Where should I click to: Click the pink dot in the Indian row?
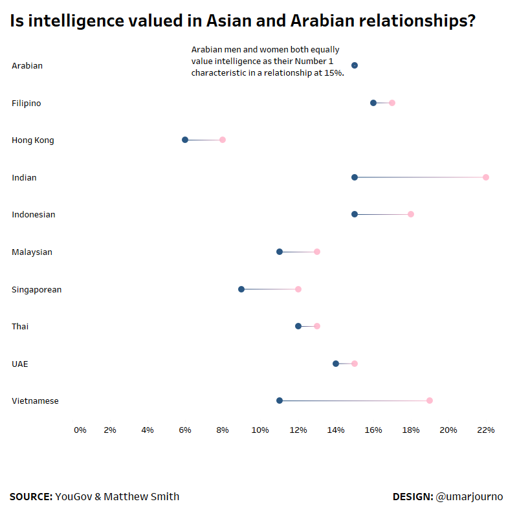[x=486, y=177]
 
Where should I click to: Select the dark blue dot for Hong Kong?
[x=185, y=140]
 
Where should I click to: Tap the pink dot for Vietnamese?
[x=430, y=401]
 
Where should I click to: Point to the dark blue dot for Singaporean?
[x=241, y=289]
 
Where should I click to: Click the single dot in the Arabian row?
[x=355, y=65]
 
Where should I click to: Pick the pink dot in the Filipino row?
[x=392, y=103]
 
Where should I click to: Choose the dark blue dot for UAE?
[x=336, y=364]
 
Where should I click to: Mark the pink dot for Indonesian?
[x=411, y=214]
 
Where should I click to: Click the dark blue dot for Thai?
[x=298, y=326]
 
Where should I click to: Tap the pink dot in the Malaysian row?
[x=317, y=252]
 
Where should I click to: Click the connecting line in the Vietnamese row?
[x=355, y=401]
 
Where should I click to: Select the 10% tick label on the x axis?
[x=260, y=430]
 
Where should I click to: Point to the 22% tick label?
[x=486, y=430]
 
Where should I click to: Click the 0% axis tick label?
[x=80, y=430]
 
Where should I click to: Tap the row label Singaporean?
[x=37, y=289]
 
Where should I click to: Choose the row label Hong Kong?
[x=33, y=140]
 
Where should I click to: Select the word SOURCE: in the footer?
[x=31, y=497]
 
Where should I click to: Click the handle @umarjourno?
[x=469, y=497]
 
